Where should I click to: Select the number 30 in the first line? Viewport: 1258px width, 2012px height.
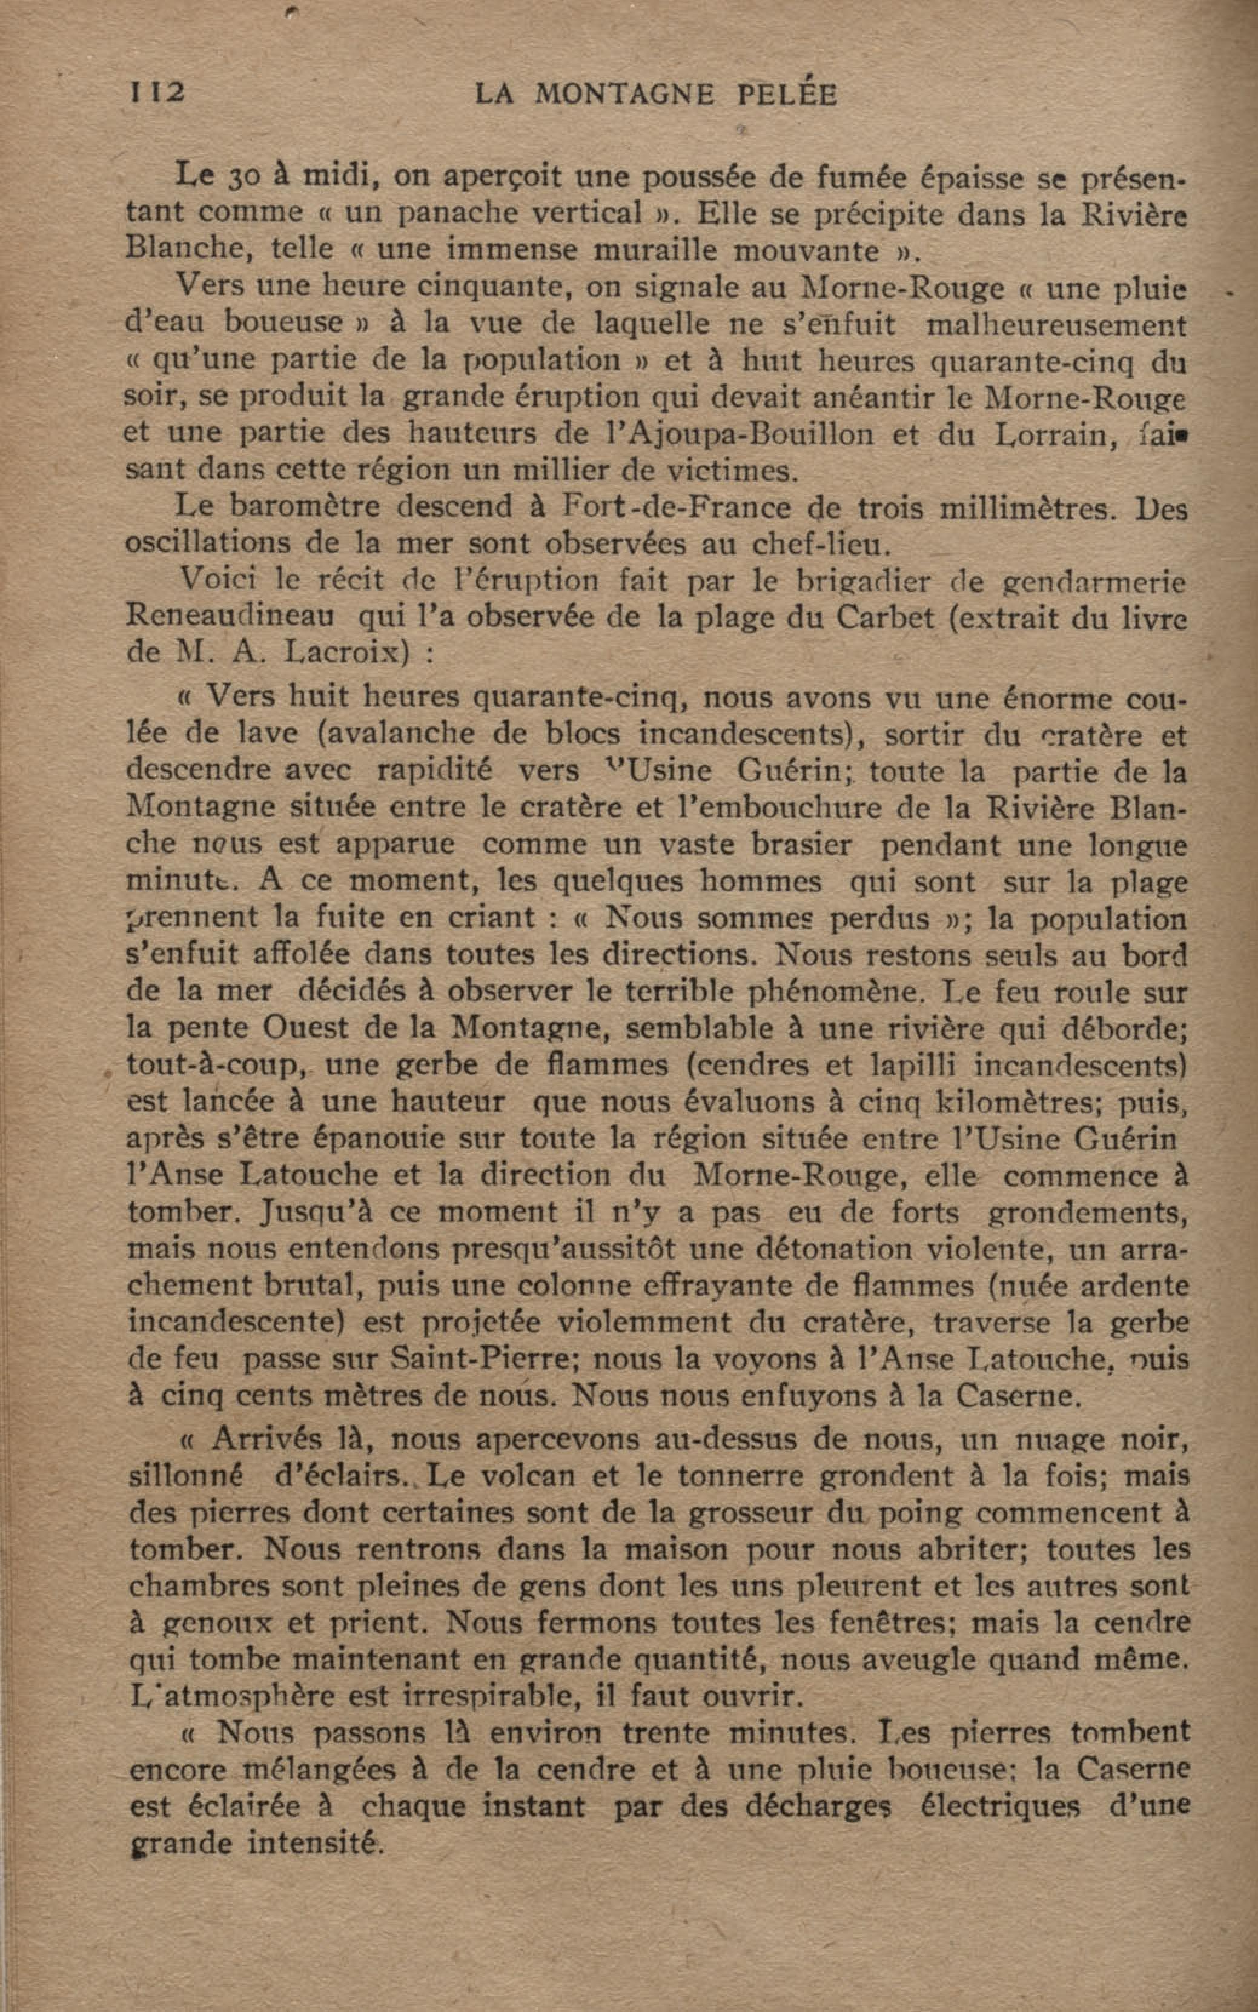pyautogui.click(x=247, y=176)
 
